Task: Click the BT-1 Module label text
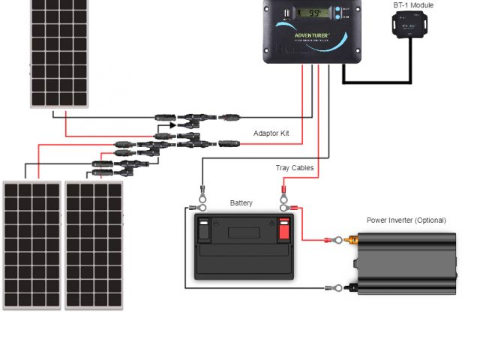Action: coord(413,5)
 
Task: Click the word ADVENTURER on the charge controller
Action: coord(313,34)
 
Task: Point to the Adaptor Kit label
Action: coord(271,133)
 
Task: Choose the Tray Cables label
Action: coord(294,168)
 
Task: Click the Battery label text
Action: coord(241,203)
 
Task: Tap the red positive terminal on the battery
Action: coord(283,229)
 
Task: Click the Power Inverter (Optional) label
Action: coord(406,220)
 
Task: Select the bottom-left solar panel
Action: coord(31,244)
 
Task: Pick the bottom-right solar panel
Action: coord(94,244)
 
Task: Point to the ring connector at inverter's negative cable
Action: coord(338,287)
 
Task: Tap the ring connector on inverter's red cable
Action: coord(338,240)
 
